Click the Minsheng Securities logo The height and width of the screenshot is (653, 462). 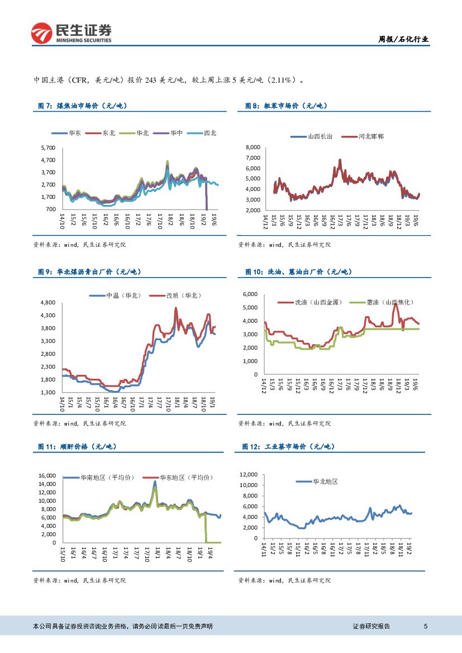[x=70, y=34]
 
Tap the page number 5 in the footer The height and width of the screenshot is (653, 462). [x=426, y=627]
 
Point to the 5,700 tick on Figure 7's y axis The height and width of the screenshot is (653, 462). [x=49, y=148]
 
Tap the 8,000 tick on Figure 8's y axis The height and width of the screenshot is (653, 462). [x=253, y=147]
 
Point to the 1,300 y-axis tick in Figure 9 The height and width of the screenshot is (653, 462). [x=49, y=393]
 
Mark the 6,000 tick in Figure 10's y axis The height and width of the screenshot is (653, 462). [x=249, y=294]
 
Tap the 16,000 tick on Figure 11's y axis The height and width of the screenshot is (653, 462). [x=47, y=475]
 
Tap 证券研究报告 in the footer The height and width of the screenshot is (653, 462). [x=371, y=627]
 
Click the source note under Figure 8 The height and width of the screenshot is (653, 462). [x=284, y=245]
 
